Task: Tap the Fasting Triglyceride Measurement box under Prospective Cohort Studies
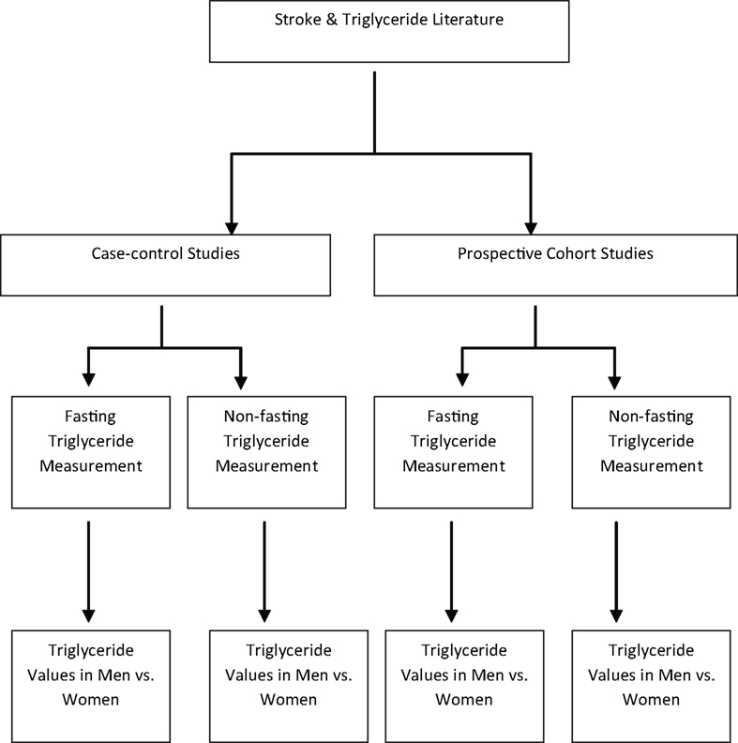[452, 451]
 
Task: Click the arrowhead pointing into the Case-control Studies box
[232, 227]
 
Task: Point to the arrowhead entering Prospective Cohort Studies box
[531, 227]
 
